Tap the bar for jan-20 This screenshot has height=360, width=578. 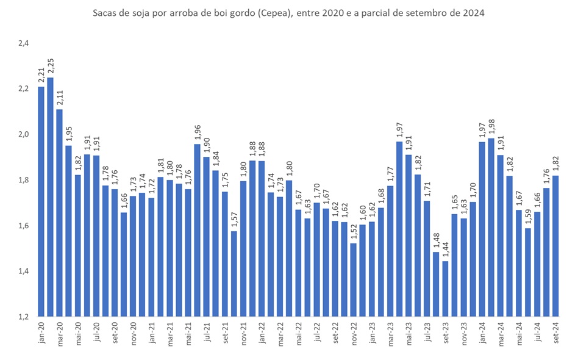tap(41, 201)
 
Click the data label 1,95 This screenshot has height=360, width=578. tap(68, 134)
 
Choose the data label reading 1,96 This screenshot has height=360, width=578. tap(198, 132)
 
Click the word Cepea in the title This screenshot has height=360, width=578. tap(259, 14)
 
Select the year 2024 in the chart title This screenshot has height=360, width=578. tap(474, 14)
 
